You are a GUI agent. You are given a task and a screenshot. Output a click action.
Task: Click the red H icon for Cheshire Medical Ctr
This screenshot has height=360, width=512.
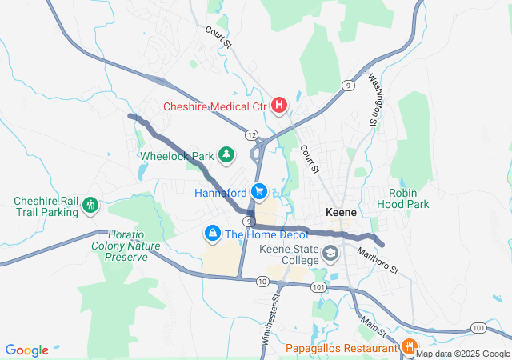[279, 105]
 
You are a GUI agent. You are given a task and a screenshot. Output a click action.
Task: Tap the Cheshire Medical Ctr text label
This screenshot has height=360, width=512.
[215, 106]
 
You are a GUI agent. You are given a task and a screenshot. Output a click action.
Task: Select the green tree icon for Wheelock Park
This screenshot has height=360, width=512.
[227, 154]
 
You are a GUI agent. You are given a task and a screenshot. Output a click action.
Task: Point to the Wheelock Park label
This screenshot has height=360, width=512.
[178, 155]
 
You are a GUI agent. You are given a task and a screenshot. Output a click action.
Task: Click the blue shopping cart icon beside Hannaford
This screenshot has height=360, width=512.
[259, 192]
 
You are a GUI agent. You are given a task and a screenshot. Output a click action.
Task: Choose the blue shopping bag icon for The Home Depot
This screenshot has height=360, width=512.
[213, 234]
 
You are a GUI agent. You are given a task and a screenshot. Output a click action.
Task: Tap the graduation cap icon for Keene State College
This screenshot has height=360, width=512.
[330, 255]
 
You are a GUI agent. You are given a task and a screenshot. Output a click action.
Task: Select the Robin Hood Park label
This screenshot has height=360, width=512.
[409, 198]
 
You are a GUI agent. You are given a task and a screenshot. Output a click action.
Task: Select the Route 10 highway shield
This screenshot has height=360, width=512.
[262, 281]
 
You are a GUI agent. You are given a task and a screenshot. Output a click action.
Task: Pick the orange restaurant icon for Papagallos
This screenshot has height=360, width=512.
[408, 347]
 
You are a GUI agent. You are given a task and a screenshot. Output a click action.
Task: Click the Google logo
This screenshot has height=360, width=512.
[27, 350]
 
